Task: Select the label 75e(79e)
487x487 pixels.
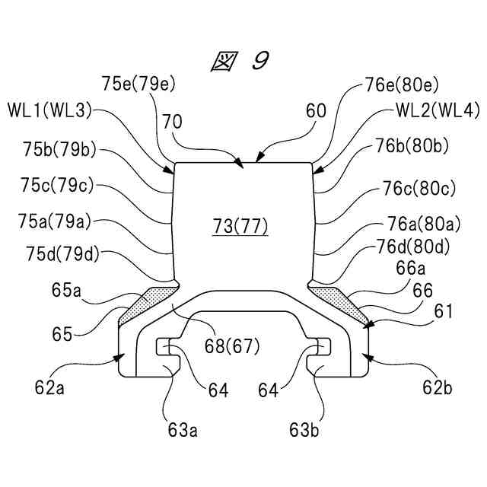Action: point(142,82)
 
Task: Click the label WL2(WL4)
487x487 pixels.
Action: point(438,110)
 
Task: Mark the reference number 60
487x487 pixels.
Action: point(315,110)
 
